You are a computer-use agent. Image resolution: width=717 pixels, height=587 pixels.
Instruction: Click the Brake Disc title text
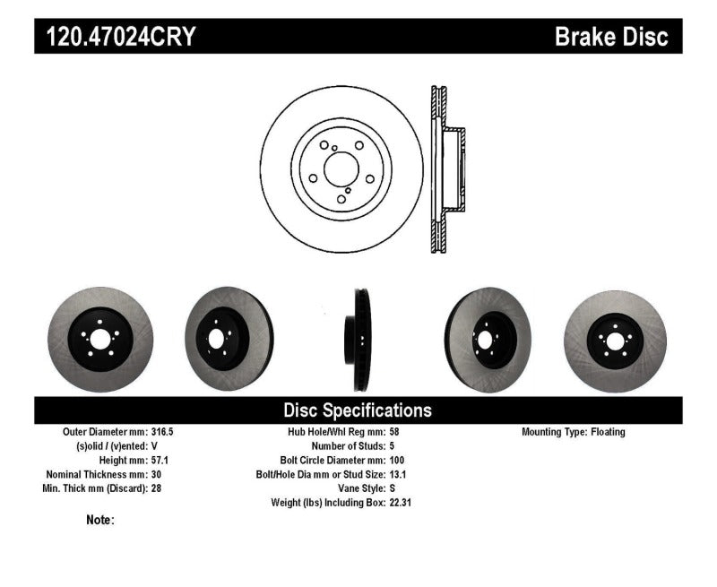point(611,37)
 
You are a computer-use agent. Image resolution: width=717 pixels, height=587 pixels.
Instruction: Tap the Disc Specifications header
point(358,410)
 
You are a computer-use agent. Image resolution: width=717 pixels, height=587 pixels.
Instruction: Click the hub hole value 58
point(395,432)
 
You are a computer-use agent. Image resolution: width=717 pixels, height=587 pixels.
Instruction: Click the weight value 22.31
point(401,503)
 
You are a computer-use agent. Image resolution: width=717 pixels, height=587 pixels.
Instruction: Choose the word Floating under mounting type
point(608,432)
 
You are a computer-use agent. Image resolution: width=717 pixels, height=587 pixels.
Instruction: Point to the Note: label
point(100,520)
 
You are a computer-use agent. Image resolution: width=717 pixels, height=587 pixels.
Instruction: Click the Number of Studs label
point(348,446)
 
